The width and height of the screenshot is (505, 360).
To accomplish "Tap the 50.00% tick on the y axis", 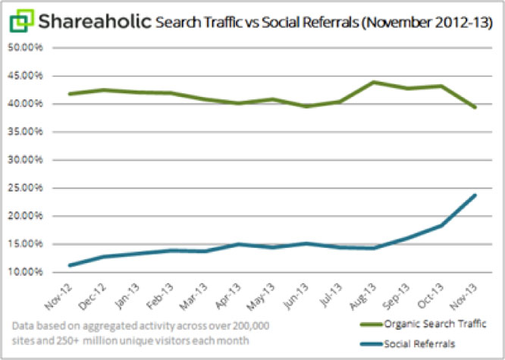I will click(x=26, y=47).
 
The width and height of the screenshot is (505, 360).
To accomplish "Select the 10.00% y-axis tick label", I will click(x=26, y=272).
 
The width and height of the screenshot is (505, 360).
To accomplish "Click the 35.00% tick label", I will click(x=26, y=132).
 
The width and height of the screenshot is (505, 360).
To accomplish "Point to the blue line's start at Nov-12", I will click(x=69, y=265).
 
